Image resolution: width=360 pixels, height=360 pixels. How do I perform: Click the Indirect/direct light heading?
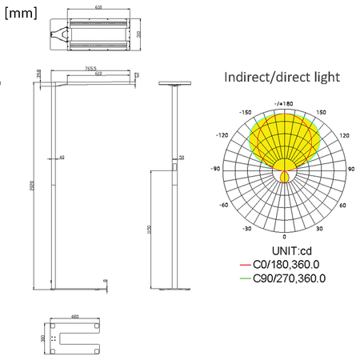[x=282, y=78]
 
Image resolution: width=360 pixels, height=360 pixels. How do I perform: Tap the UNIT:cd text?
[x=284, y=252]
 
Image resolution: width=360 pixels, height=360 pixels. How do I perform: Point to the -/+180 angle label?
[x=284, y=103]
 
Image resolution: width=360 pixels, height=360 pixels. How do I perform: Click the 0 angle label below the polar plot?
[x=285, y=238]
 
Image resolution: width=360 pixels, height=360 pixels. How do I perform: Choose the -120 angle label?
[x=224, y=136]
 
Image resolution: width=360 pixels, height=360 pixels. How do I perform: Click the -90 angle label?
[x=215, y=170]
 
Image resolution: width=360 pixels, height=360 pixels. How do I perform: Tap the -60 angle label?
[x=225, y=205]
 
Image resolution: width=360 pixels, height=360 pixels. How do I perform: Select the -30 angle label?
[x=249, y=228]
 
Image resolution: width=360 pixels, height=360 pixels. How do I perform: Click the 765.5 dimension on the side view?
[x=91, y=69]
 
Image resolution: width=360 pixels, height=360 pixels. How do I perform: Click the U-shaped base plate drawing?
[x=75, y=338]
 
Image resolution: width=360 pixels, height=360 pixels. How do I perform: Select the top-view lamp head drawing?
[x=98, y=36]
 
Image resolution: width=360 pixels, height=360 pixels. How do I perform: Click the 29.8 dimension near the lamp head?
[x=39, y=74]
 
